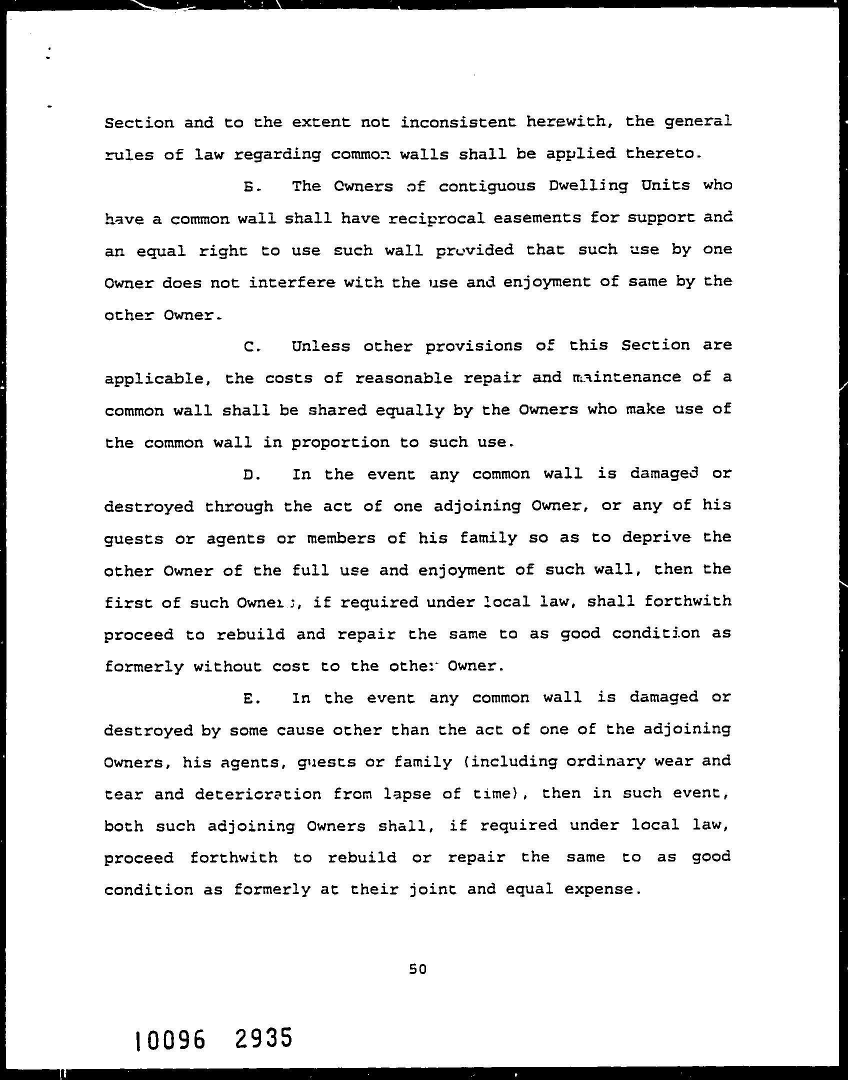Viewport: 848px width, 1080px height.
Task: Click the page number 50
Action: (417, 969)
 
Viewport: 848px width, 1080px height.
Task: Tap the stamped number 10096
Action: (169, 1040)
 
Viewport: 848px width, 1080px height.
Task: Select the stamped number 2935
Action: (262, 1038)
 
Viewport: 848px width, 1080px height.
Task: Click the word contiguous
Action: (487, 187)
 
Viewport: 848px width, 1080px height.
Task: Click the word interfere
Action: (290, 283)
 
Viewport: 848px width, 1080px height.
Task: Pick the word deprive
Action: (657, 537)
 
